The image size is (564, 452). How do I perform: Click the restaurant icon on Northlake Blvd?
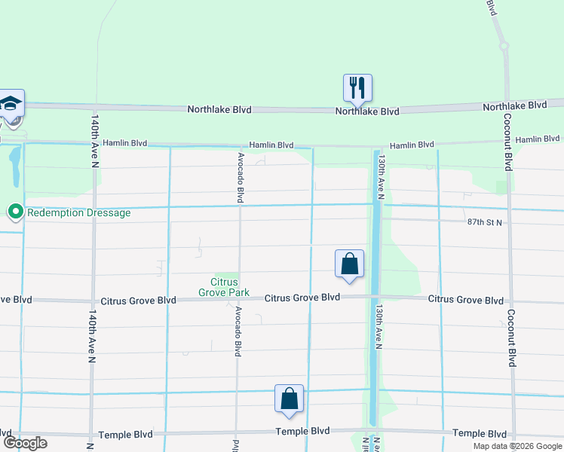357,87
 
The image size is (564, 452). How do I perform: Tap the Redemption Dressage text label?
78,213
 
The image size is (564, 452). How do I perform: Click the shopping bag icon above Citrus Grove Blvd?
349,264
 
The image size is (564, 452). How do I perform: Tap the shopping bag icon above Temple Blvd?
289,399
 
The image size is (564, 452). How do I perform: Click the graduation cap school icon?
11,104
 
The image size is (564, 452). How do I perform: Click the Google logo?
24,442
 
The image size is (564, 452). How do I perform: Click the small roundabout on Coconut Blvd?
504,46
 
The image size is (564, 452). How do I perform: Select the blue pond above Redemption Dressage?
14,166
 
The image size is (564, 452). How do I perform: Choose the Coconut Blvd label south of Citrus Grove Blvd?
511,337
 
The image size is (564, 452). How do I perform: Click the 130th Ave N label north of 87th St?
382,178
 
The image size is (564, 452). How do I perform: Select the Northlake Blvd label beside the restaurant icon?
367,111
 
